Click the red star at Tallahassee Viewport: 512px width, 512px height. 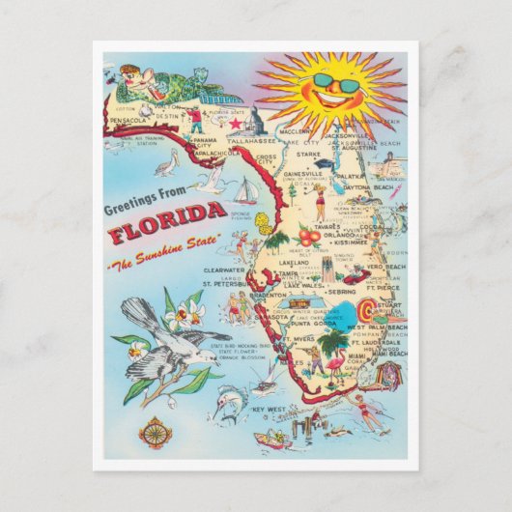click(x=233, y=126)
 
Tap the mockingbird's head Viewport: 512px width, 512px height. click(x=139, y=311)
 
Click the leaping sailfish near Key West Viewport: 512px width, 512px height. click(x=229, y=397)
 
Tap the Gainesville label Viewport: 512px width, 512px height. click(x=302, y=175)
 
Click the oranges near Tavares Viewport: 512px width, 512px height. click(x=308, y=237)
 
